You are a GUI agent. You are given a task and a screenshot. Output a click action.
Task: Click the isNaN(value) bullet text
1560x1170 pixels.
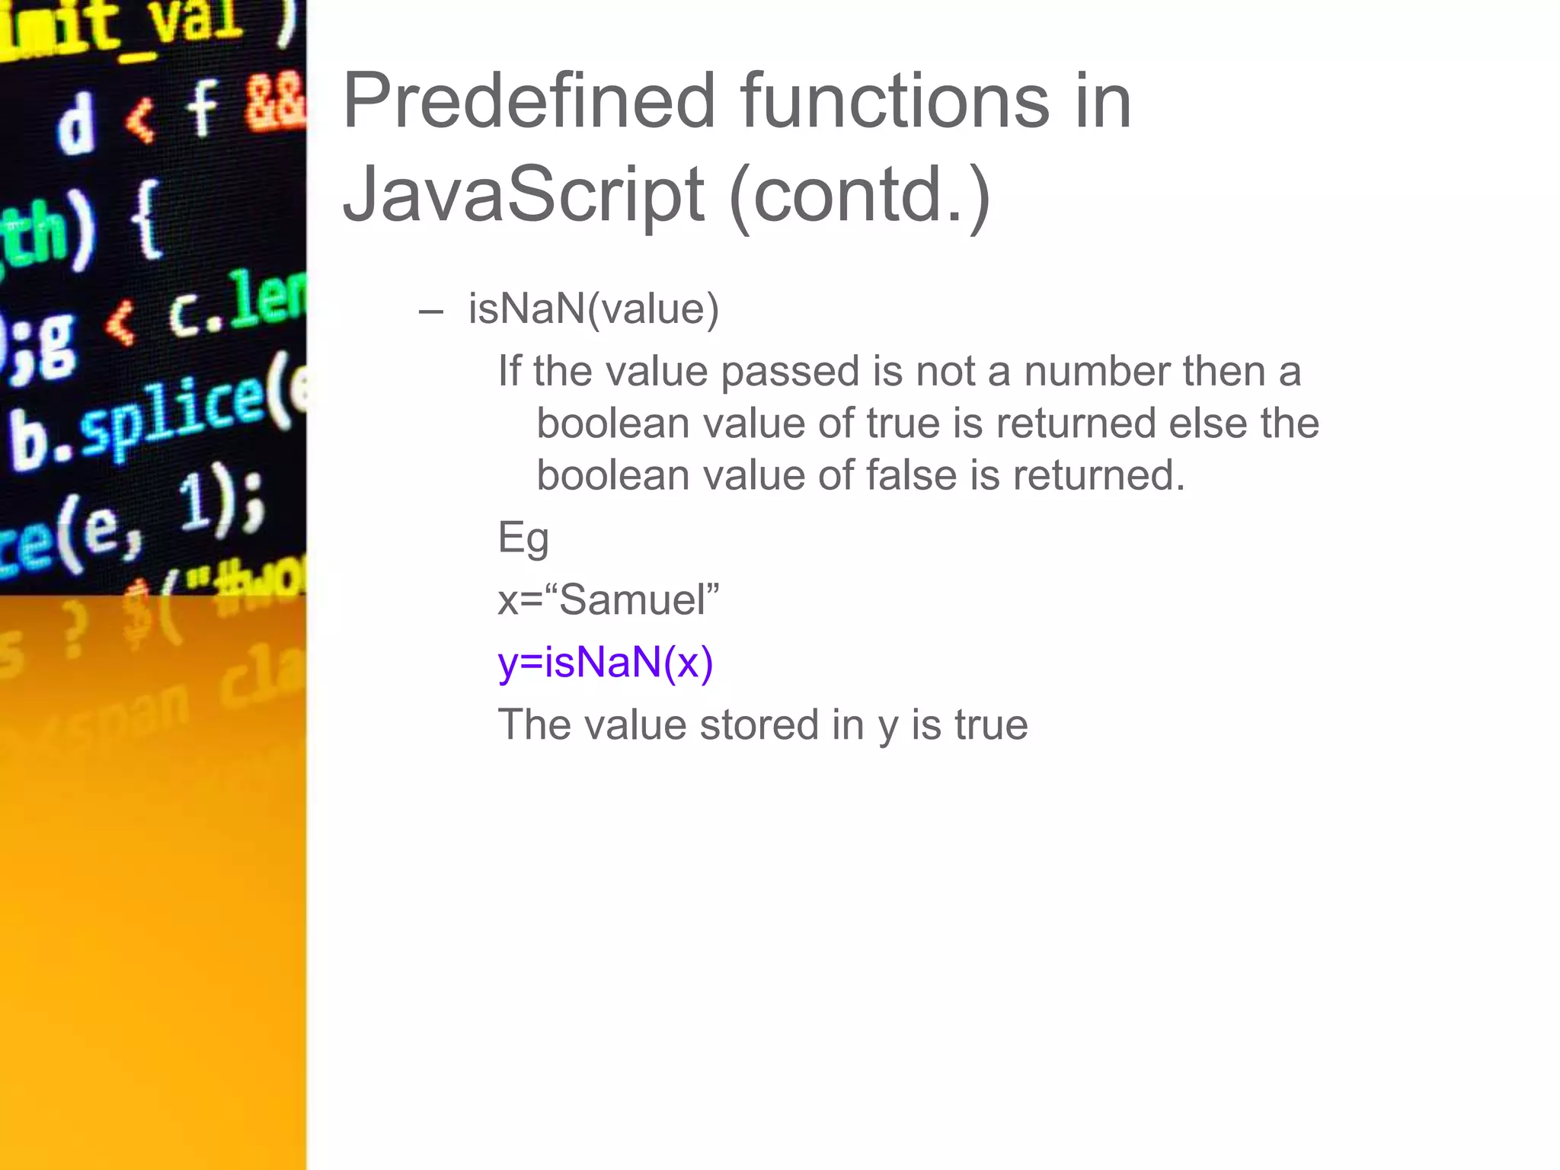[593, 309]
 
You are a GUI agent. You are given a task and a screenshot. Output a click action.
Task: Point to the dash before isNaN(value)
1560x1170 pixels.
[431, 311]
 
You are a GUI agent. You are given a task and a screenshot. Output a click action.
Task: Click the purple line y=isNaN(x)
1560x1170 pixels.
[606, 662]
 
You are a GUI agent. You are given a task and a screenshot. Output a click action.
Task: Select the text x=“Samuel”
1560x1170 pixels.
[608, 599]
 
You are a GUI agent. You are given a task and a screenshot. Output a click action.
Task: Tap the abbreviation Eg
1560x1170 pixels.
[523, 539]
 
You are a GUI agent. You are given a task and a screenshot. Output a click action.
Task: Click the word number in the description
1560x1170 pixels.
[1097, 372]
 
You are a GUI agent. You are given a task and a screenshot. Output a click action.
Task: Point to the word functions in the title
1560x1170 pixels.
[894, 101]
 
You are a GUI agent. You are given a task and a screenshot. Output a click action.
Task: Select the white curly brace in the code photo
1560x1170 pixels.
[146, 221]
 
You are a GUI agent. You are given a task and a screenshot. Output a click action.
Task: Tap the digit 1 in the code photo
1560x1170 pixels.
[194, 503]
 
